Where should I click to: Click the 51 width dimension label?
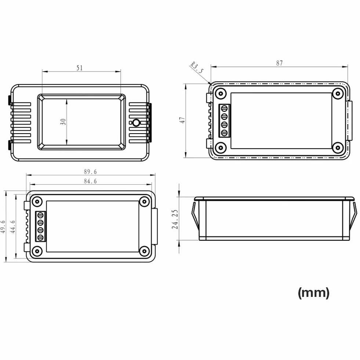click(79, 68)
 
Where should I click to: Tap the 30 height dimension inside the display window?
click(63, 122)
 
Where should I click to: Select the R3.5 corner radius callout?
click(197, 67)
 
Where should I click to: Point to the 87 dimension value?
click(279, 63)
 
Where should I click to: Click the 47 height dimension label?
click(182, 120)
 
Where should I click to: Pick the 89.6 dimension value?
click(90, 171)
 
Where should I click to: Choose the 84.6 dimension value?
click(90, 181)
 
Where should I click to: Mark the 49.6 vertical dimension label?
click(3, 227)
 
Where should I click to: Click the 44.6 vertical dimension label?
click(13, 227)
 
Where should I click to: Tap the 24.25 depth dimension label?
click(175, 219)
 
